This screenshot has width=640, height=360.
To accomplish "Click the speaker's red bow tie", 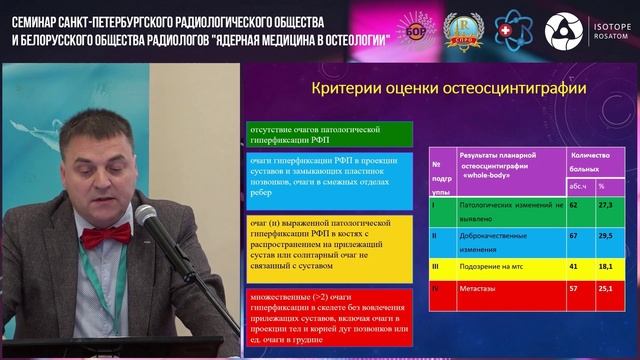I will point(106,237).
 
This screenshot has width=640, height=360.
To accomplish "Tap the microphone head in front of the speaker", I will point(147,217).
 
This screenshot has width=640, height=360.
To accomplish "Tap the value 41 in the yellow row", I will point(574,268).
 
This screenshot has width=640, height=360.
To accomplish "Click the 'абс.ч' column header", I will point(576,184).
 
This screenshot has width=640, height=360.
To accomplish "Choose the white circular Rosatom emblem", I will point(563,30).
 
